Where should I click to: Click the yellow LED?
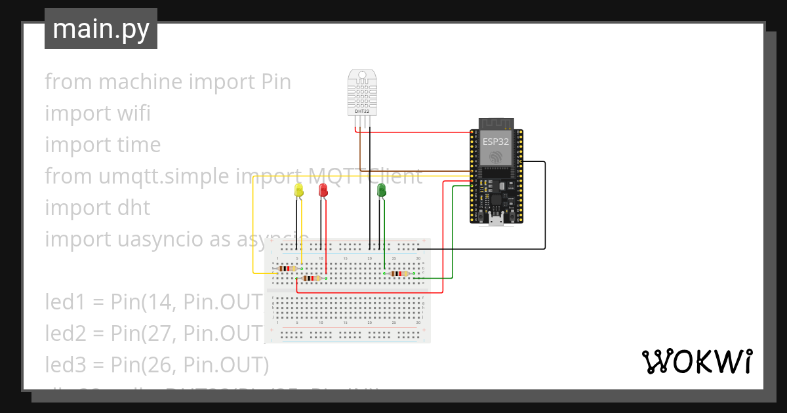click(x=299, y=190)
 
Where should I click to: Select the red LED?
click(x=323, y=190)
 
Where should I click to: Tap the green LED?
click(x=382, y=190)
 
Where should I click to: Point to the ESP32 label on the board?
click(x=495, y=141)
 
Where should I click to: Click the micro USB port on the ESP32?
click(x=496, y=220)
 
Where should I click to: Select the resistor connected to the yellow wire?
click(x=287, y=268)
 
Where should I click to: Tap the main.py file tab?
click(x=101, y=29)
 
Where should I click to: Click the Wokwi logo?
click(x=696, y=362)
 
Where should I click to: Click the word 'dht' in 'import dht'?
click(x=134, y=208)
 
